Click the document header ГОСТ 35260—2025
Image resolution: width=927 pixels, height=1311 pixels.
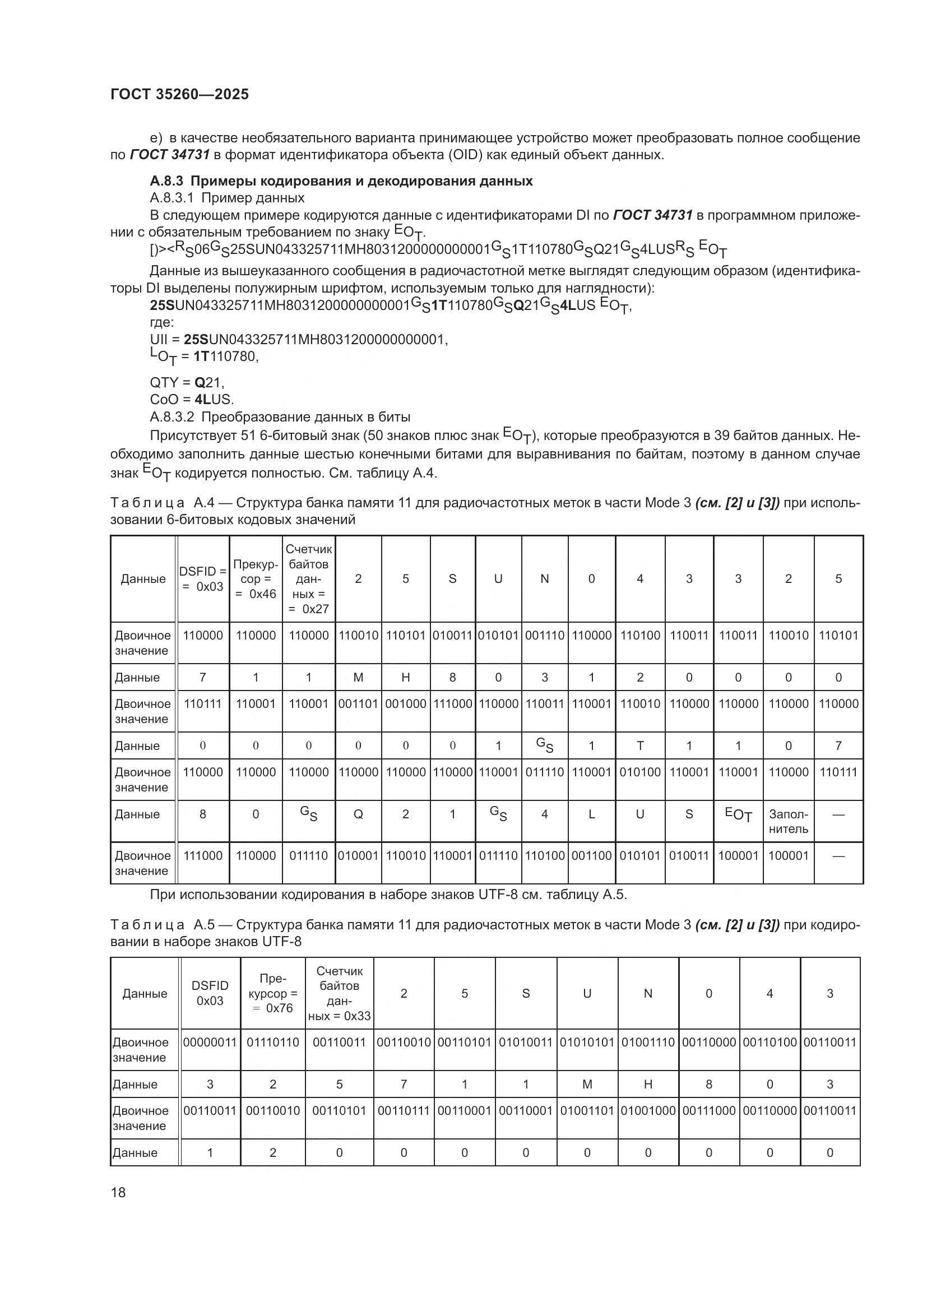(x=180, y=94)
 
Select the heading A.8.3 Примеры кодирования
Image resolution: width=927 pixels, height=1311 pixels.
(x=341, y=181)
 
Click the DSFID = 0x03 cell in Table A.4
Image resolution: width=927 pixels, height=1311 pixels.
(x=203, y=578)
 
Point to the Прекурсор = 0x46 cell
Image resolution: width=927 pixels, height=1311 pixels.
(x=256, y=578)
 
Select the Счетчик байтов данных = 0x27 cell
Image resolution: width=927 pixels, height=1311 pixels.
(x=309, y=578)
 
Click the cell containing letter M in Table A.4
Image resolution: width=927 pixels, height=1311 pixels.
(x=359, y=677)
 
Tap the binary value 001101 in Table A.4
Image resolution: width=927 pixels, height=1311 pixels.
(x=359, y=703)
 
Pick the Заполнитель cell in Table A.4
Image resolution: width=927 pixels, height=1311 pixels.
(x=789, y=821)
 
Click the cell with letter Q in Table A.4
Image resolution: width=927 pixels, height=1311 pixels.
(x=359, y=814)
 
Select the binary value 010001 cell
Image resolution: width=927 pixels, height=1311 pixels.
(x=359, y=855)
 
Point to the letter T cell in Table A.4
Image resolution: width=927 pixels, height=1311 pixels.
(x=640, y=745)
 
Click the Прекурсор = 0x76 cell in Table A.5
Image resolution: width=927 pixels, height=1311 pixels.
(x=273, y=993)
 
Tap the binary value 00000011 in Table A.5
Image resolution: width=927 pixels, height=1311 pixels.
(x=210, y=1042)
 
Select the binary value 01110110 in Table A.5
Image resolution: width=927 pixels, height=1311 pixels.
(x=273, y=1042)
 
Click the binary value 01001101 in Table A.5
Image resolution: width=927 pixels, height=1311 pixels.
(x=587, y=1110)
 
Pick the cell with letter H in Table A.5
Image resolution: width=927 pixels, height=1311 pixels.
(x=648, y=1084)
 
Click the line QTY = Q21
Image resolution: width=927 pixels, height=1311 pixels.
(x=187, y=382)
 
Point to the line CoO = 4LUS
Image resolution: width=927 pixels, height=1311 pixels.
(x=192, y=399)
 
